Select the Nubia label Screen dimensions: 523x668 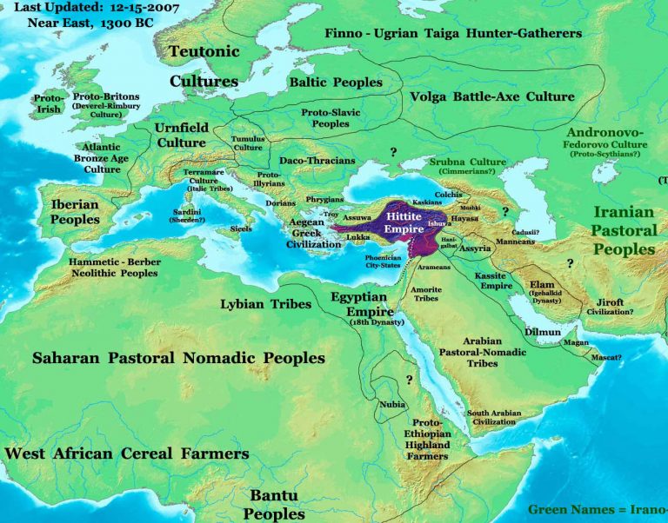391,405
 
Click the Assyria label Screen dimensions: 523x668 475,248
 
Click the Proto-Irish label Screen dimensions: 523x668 49,105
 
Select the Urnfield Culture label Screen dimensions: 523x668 181,135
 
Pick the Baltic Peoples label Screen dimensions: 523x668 336,83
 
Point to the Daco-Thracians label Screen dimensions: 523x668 317,161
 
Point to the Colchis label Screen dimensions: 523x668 448,195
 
